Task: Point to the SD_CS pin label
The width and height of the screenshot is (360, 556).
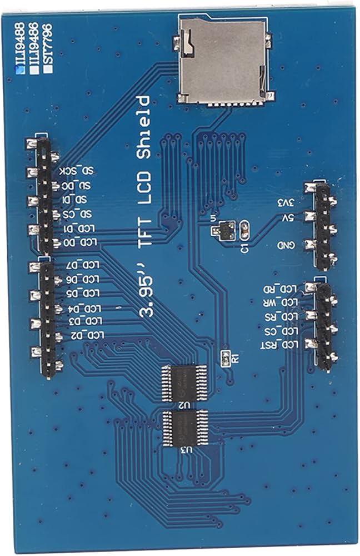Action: pos(81,214)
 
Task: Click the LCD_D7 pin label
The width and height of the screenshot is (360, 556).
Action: pos(83,265)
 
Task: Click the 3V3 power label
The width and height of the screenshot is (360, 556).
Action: pos(289,203)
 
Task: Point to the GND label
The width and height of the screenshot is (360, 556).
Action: pos(288,246)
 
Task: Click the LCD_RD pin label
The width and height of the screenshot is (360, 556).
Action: pos(284,289)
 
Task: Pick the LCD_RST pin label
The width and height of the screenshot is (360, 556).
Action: pos(281,345)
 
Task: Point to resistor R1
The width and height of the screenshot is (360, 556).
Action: pos(226,359)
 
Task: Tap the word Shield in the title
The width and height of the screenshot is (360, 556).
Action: pos(143,125)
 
